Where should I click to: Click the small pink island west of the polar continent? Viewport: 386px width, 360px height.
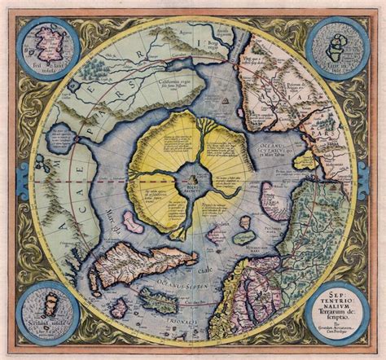[132, 220]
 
